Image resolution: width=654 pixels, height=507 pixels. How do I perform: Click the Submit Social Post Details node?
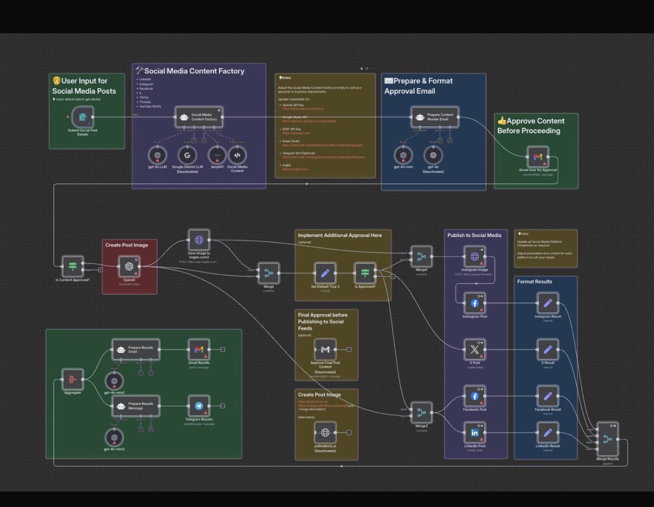pyautogui.click(x=83, y=116)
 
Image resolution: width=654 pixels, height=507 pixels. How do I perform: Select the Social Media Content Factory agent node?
pyautogui.click(x=199, y=117)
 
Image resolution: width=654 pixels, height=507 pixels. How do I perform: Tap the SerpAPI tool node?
pyautogui.click(x=217, y=155)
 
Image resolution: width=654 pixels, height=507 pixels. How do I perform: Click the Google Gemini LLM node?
pyautogui.click(x=187, y=155)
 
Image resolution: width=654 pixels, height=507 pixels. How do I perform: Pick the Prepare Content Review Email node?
pyautogui.click(x=435, y=117)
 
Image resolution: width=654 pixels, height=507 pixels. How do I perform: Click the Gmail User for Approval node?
pyautogui.click(x=538, y=157)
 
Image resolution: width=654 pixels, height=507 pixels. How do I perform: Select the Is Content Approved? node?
pyautogui.click(x=73, y=266)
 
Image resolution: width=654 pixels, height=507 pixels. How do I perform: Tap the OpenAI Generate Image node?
pyautogui.click(x=129, y=266)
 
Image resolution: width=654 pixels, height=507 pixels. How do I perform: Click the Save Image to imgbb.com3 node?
pyautogui.click(x=199, y=240)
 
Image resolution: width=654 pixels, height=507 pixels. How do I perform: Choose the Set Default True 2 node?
pyautogui.click(x=325, y=273)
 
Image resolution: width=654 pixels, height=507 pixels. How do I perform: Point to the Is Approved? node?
pyautogui.click(x=365, y=273)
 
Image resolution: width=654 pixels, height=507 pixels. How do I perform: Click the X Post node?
pyautogui.click(x=475, y=349)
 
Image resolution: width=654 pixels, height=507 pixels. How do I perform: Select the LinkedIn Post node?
pyautogui.click(x=475, y=433)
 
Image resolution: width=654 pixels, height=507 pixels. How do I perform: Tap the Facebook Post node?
pyautogui.click(x=475, y=396)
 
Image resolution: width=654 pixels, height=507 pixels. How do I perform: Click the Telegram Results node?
pyautogui.click(x=199, y=406)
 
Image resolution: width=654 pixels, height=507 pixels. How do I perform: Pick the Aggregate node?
pyautogui.click(x=73, y=379)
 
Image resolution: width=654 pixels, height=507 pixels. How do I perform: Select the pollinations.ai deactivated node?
pyautogui.click(x=325, y=432)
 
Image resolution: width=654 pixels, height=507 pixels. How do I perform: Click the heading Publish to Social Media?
pyautogui.click(x=474, y=235)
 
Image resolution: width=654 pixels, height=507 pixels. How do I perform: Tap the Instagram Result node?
pyautogui.click(x=547, y=303)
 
